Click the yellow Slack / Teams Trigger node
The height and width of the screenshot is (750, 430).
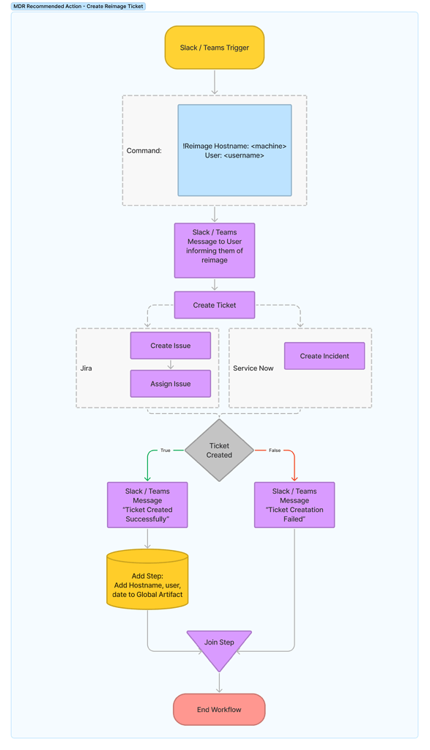pos(215,48)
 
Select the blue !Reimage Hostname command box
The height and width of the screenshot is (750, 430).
pos(234,150)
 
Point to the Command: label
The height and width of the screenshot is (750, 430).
pos(144,151)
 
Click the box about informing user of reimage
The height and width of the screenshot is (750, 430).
pos(215,250)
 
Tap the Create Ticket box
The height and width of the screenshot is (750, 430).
pos(215,305)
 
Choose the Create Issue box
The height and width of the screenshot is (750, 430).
pos(171,346)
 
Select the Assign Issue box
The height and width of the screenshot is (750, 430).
pos(171,384)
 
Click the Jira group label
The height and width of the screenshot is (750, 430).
pos(86,368)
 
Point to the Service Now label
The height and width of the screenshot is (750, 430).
pos(253,368)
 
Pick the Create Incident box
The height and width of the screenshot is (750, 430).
pos(325,356)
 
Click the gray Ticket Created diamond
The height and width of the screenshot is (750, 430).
pos(219,450)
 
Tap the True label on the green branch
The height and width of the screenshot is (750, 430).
pos(166,450)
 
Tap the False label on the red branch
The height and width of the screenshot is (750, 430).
pos(275,450)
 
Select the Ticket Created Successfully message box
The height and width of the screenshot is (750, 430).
pos(147,505)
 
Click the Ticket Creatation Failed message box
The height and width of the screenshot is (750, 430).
pos(294,505)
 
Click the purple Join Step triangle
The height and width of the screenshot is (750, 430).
pos(219,645)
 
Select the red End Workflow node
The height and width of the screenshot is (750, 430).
pos(219,710)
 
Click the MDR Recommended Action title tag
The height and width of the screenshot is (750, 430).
pos(78,6)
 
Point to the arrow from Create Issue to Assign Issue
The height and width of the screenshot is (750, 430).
pos(171,365)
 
